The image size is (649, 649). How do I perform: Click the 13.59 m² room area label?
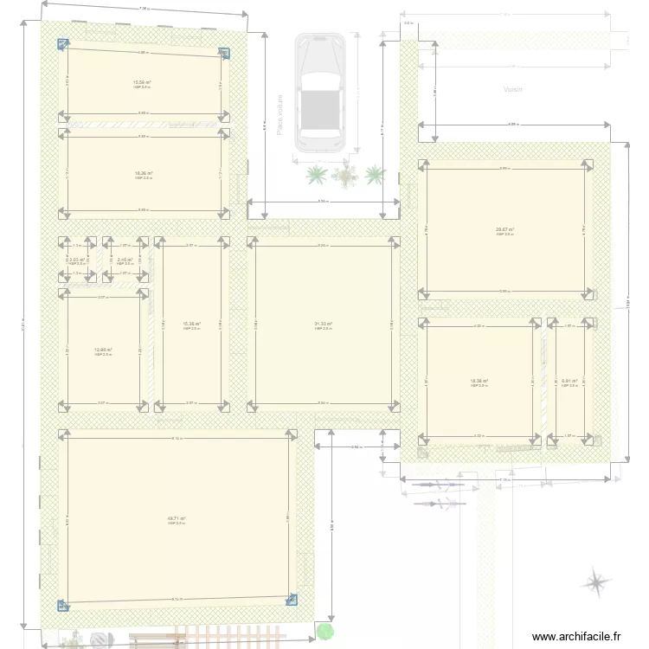coord(142,82)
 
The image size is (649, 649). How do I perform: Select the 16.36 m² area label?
coord(143,173)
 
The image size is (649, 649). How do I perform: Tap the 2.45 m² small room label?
coord(125,260)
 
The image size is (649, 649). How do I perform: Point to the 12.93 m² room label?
coord(103,350)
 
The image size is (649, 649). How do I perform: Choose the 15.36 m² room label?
coord(191,324)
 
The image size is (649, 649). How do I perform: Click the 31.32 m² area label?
coord(324,324)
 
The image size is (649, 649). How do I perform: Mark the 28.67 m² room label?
coord(505,229)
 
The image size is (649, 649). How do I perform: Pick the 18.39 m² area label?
coord(479,381)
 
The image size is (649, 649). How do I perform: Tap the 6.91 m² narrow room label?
coord(569,381)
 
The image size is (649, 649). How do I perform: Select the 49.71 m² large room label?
coord(177,518)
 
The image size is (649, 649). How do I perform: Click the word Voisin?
coord(513,89)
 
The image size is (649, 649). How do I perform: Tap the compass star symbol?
coord(595,582)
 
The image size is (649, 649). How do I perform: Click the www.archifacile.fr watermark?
coord(576,636)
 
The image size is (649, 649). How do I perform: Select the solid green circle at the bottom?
coord(324,632)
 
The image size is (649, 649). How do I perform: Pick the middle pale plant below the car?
coord(345,177)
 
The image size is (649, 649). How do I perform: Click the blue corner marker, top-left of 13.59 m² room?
coord(62,45)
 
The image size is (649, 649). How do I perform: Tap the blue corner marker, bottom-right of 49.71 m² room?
coord(292,598)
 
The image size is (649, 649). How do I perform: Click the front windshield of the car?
coord(320,80)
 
